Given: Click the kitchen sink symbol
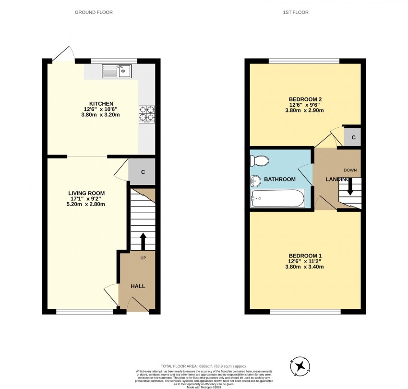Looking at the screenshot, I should tap(117, 72).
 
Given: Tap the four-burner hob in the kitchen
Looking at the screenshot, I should tap(146, 114).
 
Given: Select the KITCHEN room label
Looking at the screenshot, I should tap(101, 104).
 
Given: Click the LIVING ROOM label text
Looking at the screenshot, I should tap(86, 194).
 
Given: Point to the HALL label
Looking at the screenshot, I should tap(138, 286).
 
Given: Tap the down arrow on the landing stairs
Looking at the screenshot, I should tap(350, 186).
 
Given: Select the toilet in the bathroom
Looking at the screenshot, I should tap(258, 161).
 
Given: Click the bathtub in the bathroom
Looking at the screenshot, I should tap(278, 198).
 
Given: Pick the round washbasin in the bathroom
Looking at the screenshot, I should tap(255, 181).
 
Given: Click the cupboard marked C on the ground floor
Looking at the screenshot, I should tap(143, 172).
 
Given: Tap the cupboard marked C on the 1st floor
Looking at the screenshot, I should tap(353, 138).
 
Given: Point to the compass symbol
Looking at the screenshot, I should tap(301, 365).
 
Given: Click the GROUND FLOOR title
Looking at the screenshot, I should tap(94, 12).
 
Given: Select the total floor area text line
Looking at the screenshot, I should tap(204, 366).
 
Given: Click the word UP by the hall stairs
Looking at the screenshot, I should tap(143, 258).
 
